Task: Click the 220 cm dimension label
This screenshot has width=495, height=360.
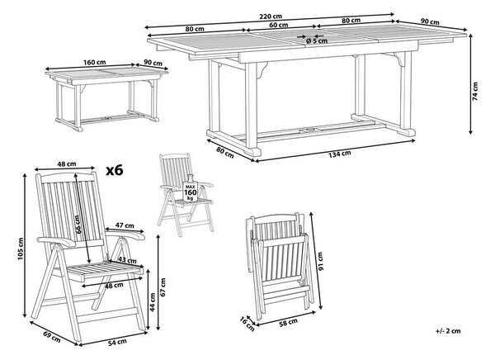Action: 271,17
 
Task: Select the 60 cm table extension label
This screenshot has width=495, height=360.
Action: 279,24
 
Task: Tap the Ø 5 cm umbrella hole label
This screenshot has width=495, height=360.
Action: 317,40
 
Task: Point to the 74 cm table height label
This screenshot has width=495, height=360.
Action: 476,91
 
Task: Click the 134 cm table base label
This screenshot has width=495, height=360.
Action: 339,154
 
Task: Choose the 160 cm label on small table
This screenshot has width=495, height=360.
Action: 95,62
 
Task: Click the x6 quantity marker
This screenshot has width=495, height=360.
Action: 115,171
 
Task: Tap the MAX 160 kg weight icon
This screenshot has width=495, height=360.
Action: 190,188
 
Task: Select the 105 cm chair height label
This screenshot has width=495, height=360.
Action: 21,249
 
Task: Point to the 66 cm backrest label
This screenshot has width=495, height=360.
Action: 78,225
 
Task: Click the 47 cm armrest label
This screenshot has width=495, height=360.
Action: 125,225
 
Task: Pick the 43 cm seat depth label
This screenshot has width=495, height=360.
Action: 128,260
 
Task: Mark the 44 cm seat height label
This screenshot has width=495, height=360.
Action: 153,302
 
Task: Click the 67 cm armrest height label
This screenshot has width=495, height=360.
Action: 163,287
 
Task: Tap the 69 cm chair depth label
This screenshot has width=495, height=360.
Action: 52,337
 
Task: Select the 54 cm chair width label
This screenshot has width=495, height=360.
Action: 117,342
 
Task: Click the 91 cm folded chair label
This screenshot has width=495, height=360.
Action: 320,262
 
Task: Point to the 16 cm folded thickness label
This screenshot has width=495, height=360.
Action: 247,324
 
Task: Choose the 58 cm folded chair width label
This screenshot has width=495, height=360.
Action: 288,323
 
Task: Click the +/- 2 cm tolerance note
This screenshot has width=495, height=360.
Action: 448,331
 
